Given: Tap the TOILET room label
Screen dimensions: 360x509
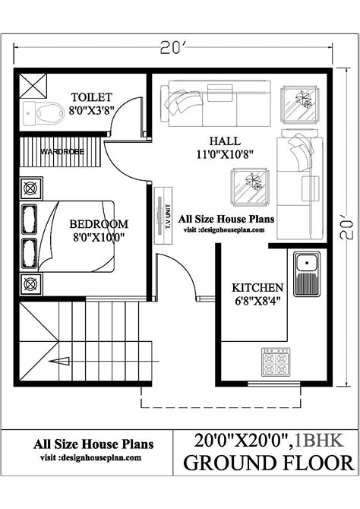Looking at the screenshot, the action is coord(92,97).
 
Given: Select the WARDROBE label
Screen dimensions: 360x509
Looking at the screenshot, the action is coord(62,152).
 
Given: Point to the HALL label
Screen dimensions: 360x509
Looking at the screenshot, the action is coord(225,141).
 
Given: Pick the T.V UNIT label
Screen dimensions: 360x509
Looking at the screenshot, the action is coord(168,217).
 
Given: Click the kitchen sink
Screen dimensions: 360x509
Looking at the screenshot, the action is coord(307,274).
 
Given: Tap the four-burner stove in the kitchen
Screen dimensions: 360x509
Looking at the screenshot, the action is coord(276,362).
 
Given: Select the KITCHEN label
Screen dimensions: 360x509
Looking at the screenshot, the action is coord(257,288).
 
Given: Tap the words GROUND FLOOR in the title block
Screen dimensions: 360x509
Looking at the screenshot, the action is coord(268,463).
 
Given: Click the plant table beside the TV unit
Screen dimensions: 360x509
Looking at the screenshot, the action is coord(250,187).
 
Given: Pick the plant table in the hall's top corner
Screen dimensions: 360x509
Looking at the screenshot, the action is coord(299,105).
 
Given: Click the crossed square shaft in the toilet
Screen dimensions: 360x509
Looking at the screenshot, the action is coord(33,86).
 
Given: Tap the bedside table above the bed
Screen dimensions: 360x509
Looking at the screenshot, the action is coord(31,188).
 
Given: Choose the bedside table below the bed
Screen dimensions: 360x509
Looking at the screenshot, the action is coord(31,284).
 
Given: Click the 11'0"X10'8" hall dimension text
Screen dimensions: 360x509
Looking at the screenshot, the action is coord(225,154).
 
